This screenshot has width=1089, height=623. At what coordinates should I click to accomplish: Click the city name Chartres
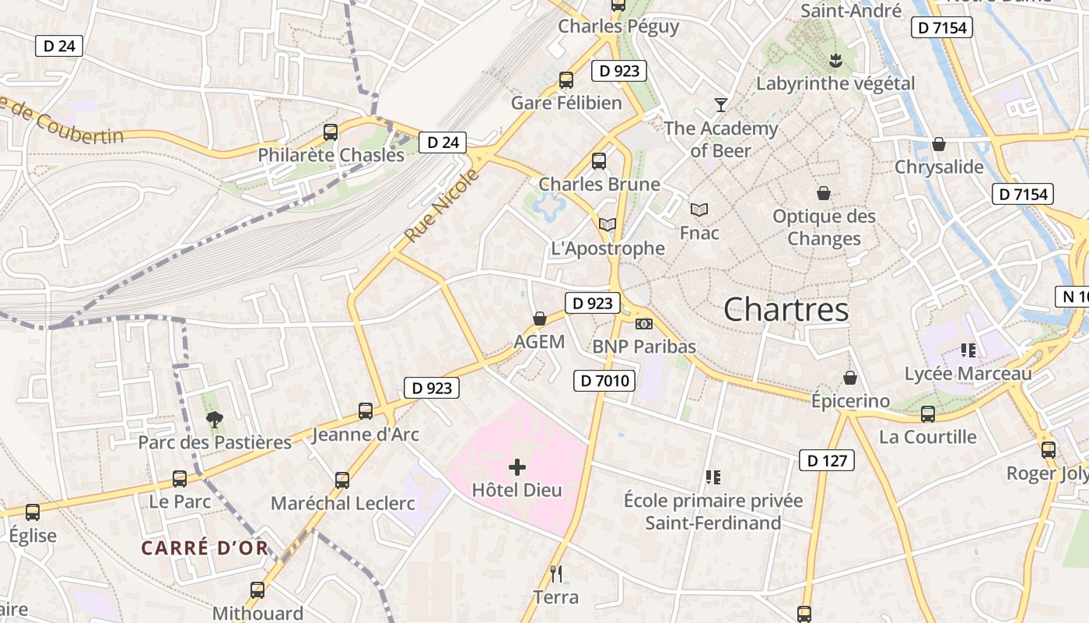(x=786, y=310)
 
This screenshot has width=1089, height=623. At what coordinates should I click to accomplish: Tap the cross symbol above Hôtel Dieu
(x=517, y=467)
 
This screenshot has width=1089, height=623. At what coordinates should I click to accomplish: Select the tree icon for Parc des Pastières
(x=214, y=421)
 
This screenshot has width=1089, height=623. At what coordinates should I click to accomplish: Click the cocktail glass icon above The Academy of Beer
(x=721, y=105)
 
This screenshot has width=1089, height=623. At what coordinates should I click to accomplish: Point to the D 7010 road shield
(x=604, y=381)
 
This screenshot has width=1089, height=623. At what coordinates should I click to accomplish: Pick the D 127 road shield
(x=826, y=460)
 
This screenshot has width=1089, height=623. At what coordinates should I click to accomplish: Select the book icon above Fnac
(x=699, y=209)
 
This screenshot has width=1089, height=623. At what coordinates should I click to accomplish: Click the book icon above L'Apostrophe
(x=608, y=225)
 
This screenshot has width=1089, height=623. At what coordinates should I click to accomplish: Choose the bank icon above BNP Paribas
(x=643, y=323)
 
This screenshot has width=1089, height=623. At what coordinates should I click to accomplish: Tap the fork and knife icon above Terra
(x=556, y=574)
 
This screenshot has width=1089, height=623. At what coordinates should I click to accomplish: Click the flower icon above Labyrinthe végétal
(x=835, y=60)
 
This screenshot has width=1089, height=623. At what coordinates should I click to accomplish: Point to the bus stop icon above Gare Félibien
(x=566, y=79)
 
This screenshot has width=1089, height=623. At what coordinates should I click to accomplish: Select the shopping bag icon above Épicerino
(x=850, y=378)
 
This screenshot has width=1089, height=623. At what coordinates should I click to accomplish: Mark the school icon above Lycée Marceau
(x=968, y=350)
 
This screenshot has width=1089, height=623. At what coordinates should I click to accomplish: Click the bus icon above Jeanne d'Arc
(x=365, y=411)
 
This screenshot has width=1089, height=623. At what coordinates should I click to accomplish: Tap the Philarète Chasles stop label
(x=331, y=155)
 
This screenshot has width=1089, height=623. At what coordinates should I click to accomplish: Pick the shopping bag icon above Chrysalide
(x=939, y=144)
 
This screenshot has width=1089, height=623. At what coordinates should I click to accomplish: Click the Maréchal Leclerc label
(x=342, y=503)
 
